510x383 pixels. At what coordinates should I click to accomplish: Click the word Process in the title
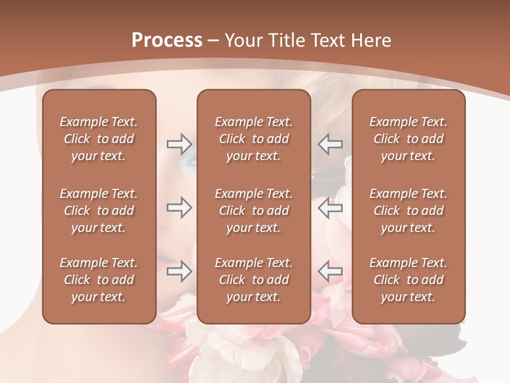tap(167, 40)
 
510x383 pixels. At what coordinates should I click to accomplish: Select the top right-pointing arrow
tap(180, 144)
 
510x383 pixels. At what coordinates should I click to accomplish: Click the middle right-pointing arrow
tap(180, 208)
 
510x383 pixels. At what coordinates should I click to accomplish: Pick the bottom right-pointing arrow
tap(180, 271)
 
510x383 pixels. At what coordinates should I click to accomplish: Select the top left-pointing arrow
tap(330, 144)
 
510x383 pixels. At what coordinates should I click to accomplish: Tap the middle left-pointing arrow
tap(330, 208)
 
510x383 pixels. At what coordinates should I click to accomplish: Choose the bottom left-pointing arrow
tap(330, 271)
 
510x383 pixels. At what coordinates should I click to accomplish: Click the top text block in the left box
tap(99, 139)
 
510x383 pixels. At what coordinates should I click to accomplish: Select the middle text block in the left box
tap(99, 211)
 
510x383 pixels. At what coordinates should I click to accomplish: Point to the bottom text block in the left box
tap(99, 280)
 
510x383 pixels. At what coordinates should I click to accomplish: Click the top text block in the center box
tap(254, 139)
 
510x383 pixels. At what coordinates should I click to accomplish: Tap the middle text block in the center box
tap(254, 211)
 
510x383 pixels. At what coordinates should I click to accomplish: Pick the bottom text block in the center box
tap(254, 280)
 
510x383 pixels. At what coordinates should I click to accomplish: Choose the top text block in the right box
tap(409, 139)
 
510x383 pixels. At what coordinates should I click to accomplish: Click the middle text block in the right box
tap(409, 211)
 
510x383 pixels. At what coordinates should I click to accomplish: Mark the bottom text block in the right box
tap(409, 280)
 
